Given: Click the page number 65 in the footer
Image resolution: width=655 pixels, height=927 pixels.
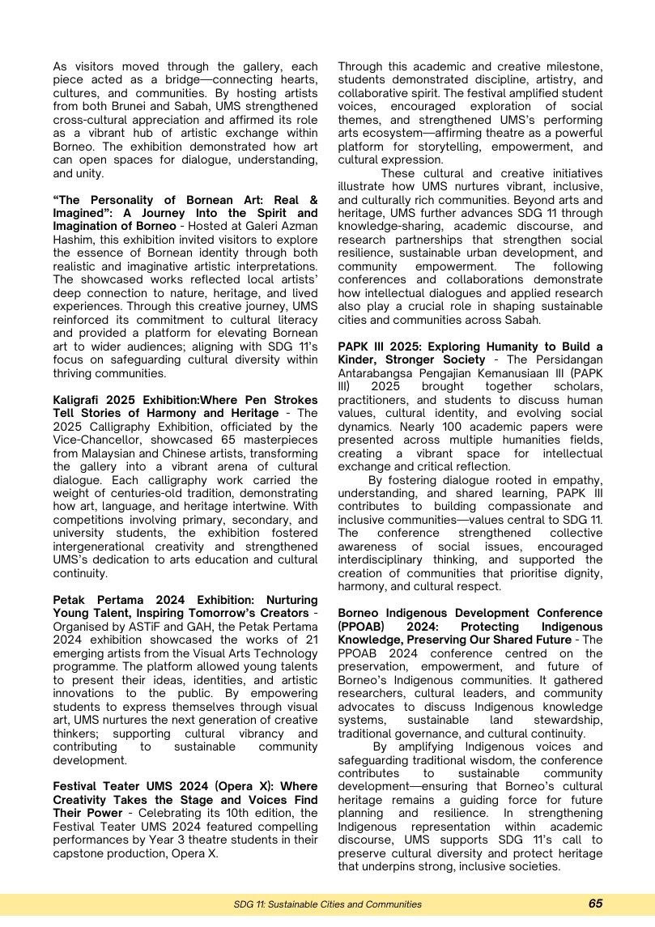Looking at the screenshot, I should click(595, 904).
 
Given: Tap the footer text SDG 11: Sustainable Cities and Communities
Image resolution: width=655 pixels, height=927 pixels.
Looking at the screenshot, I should click(327, 904).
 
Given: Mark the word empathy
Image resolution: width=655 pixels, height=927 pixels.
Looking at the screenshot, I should click(578, 480).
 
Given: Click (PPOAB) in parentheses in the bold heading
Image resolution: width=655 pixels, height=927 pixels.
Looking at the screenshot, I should click(364, 627).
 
